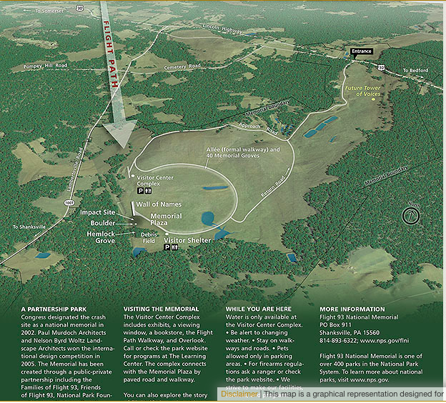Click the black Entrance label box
point(362,51)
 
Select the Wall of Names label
point(159,204)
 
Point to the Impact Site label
point(98,212)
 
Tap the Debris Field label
point(149,237)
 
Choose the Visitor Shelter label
point(188,240)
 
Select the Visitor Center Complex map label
point(156,179)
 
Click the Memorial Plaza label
point(166,219)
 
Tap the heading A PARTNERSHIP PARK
point(54,309)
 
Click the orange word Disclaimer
point(239,394)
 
